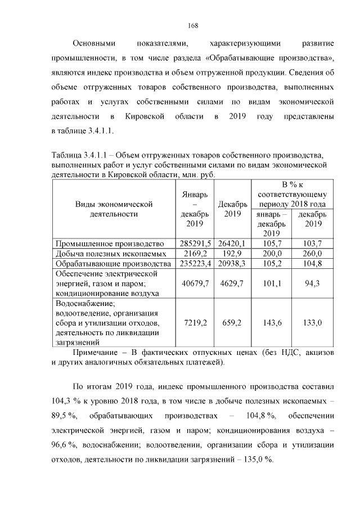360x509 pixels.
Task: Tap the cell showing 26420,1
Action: (x=229, y=244)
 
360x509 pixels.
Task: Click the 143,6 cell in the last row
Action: (x=271, y=323)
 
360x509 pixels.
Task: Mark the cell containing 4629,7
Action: (x=229, y=283)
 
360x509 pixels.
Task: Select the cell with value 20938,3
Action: (x=229, y=263)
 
